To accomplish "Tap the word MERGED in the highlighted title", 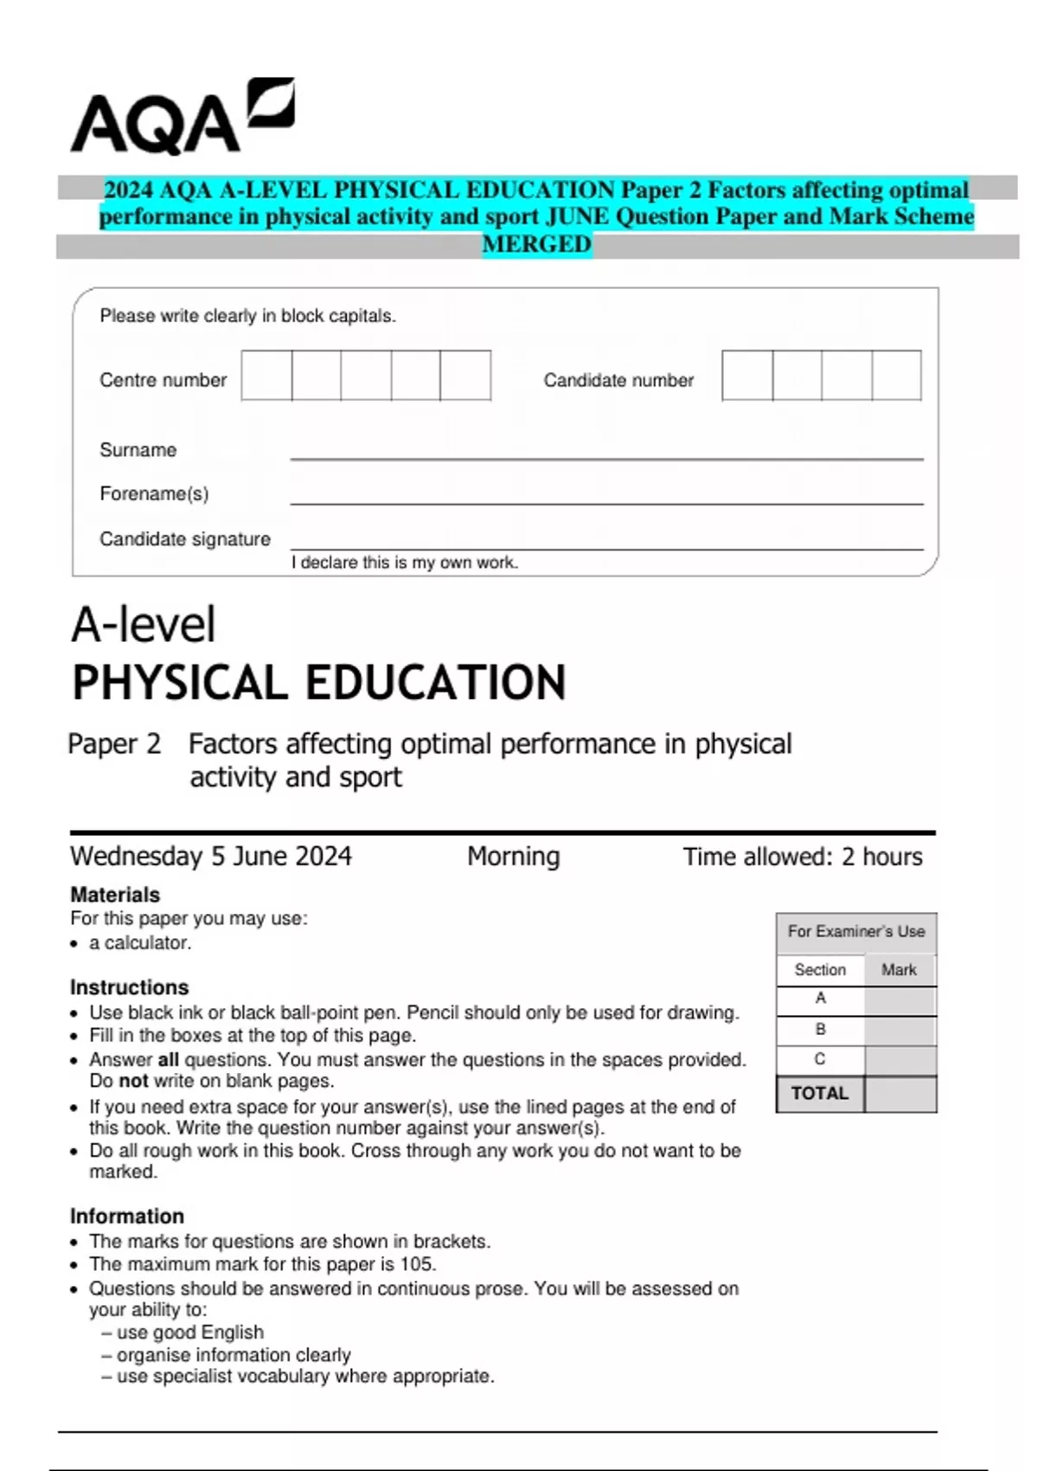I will click(536, 245).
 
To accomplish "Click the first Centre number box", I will click(266, 376).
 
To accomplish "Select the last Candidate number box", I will click(896, 376).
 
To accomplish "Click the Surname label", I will click(138, 450).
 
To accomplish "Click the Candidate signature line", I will click(605, 547).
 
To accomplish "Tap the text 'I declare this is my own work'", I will click(404, 562).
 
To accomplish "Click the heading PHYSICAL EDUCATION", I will click(318, 683).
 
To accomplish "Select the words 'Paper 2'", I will click(114, 744).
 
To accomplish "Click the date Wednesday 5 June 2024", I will click(211, 857).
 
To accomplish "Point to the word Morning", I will click(513, 857).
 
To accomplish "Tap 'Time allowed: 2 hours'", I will click(802, 857).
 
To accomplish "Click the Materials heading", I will click(115, 895).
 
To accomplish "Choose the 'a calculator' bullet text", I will click(139, 943).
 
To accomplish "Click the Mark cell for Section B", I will click(900, 1030).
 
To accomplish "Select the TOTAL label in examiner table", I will click(819, 1094).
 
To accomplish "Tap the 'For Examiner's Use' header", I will click(855, 932).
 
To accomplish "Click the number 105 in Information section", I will click(417, 1264).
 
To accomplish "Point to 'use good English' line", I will click(189, 1333).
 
